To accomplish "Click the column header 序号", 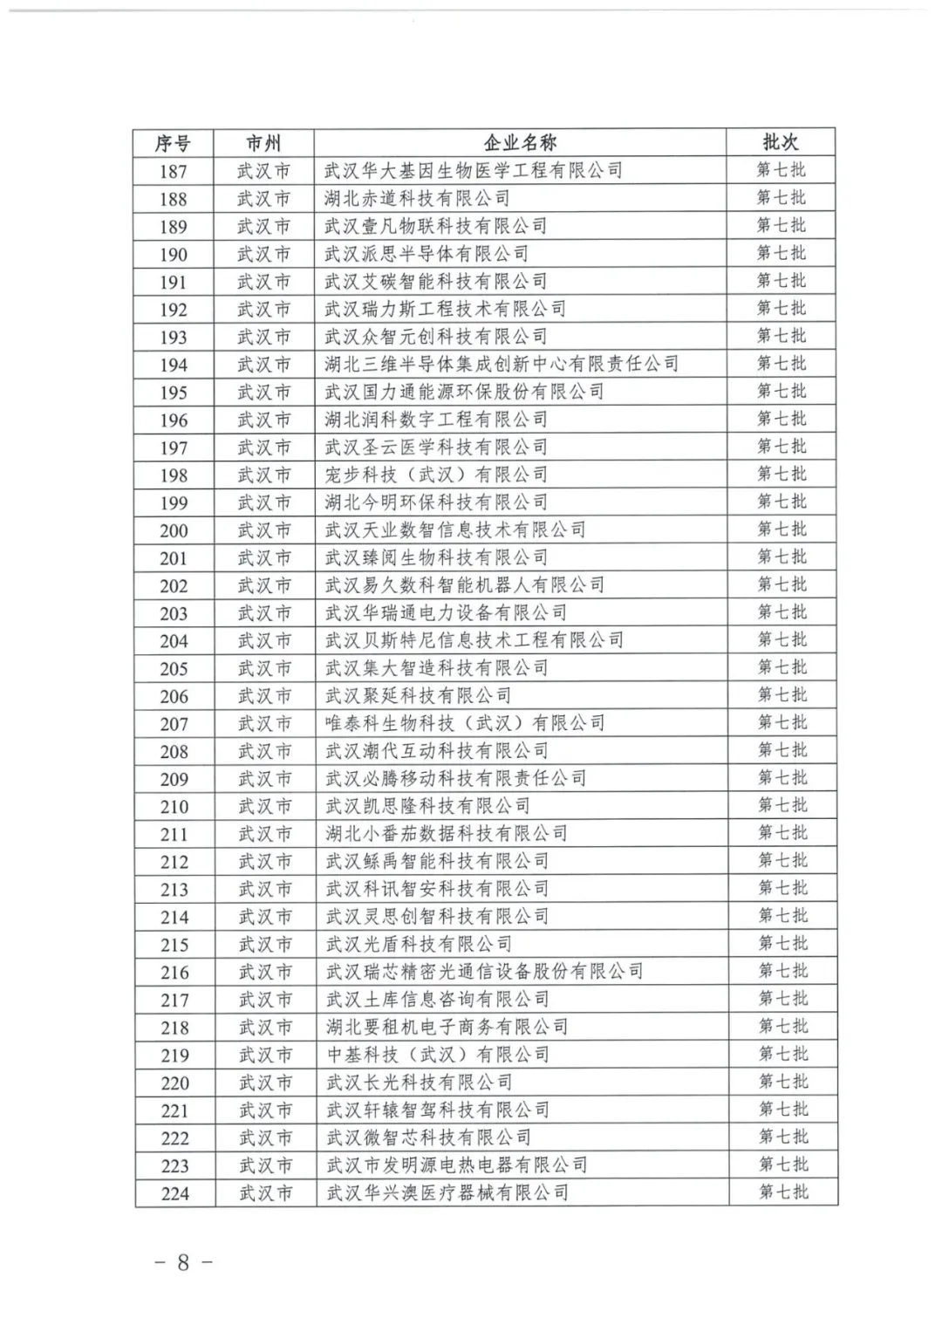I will click(x=173, y=143).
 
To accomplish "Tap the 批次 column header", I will click(x=780, y=142).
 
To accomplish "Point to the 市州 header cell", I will click(x=263, y=143).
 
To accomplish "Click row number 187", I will click(x=173, y=172).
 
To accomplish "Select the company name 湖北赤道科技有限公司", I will click(x=417, y=199).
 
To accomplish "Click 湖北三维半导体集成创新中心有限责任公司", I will click(x=502, y=364).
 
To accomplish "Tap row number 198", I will click(x=174, y=475).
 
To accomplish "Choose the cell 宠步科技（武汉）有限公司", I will click(x=436, y=475).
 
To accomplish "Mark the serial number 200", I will click(x=174, y=530).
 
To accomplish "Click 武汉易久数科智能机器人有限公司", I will click(x=464, y=585).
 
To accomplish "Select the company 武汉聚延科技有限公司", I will click(x=418, y=696).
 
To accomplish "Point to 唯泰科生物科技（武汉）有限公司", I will click(x=465, y=723).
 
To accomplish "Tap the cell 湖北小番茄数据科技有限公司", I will click(x=446, y=834).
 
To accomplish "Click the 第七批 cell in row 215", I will click(x=782, y=944).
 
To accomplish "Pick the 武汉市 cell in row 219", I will click(x=264, y=1055).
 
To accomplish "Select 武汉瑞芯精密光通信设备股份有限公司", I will click(x=484, y=972).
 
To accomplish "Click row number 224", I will click(x=175, y=1193).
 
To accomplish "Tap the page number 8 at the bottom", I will click(x=182, y=1262).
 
